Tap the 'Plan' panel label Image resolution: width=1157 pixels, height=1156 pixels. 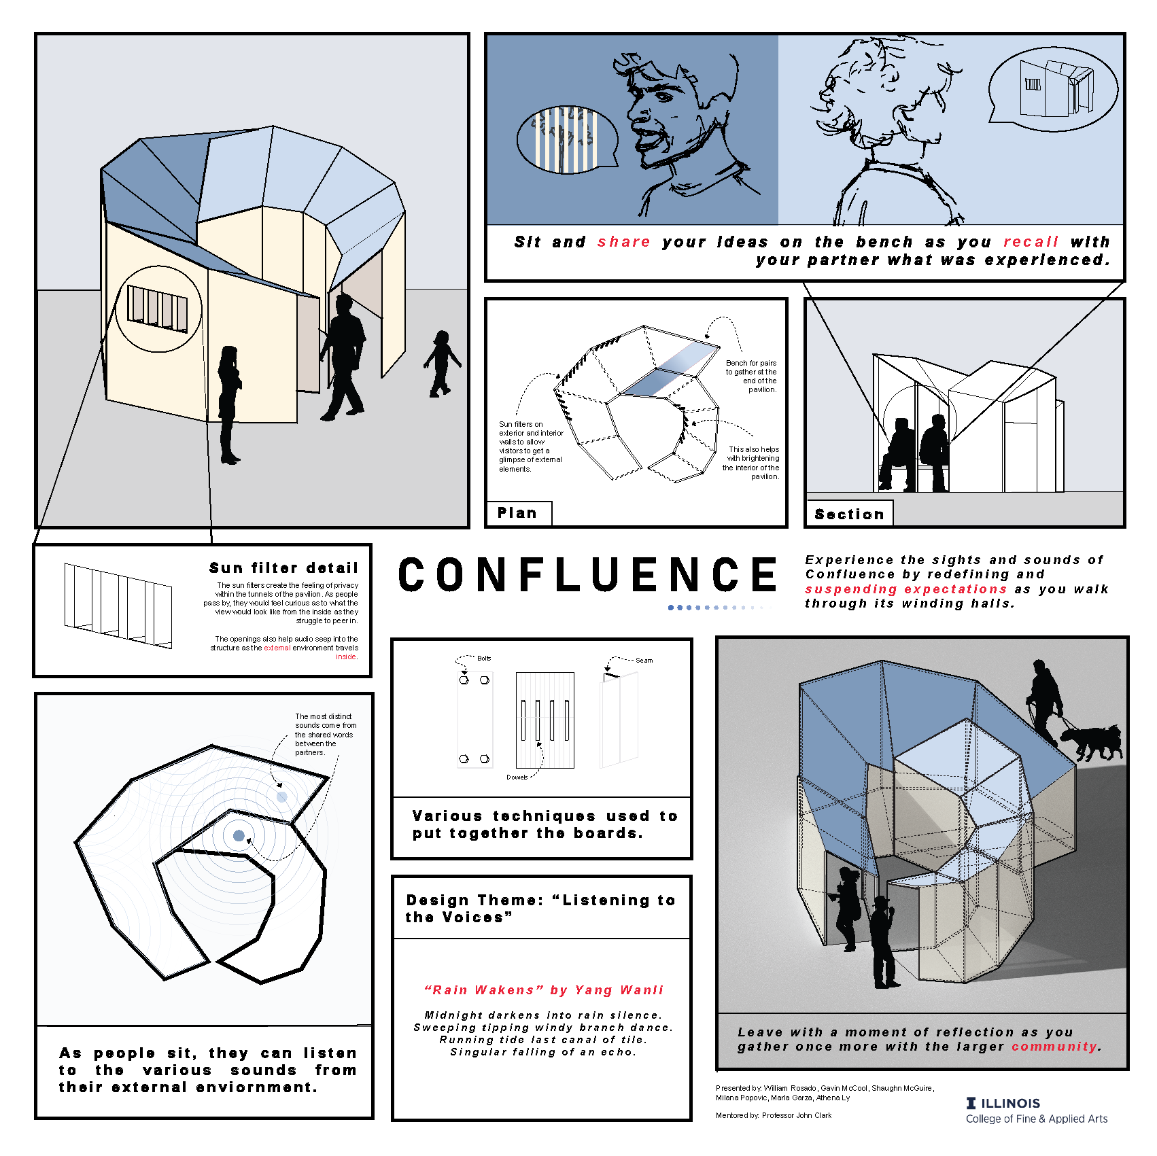click(x=517, y=513)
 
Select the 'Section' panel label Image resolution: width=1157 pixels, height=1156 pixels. click(x=849, y=514)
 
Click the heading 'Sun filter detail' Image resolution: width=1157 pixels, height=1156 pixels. click(x=283, y=567)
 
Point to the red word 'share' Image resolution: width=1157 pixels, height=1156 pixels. click(x=624, y=242)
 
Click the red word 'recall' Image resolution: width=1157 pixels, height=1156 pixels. click(x=1031, y=242)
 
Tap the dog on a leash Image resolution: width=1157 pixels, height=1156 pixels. click(x=1089, y=743)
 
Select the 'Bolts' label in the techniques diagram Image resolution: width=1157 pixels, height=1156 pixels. click(x=484, y=659)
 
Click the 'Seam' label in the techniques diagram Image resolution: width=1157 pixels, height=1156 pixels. click(x=644, y=661)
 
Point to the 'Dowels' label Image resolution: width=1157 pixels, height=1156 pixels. click(x=517, y=777)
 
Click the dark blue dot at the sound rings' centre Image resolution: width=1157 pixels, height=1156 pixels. click(x=239, y=836)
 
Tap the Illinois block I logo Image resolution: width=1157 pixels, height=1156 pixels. click(x=971, y=1103)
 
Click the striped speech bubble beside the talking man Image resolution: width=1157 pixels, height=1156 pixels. click(x=567, y=139)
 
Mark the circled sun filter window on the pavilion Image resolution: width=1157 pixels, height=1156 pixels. click(x=158, y=309)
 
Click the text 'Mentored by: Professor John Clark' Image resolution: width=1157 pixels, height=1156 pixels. click(x=774, y=1115)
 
